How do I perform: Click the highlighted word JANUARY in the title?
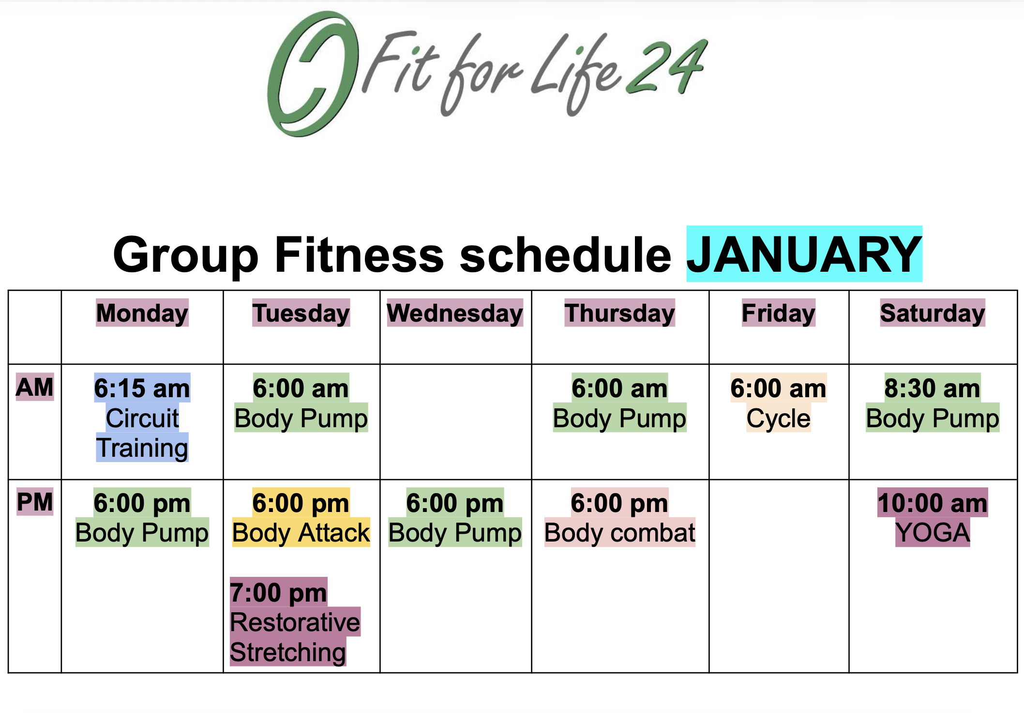pyautogui.click(x=804, y=254)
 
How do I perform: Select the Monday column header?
pyautogui.click(x=142, y=313)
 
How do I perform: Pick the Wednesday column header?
pyautogui.click(x=455, y=313)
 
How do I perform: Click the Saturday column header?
pyautogui.click(x=933, y=313)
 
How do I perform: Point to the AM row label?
pyautogui.click(x=35, y=387)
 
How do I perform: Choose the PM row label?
pyautogui.click(x=35, y=502)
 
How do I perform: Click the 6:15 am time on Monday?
pyautogui.click(x=142, y=388)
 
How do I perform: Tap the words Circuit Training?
pyautogui.click(x=142, y=433)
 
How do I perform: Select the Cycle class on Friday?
pyautogui.click(x=778, y=418)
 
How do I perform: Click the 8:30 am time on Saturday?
pyautogui.click(x=933, y=388)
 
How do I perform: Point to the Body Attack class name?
pyautogui.click(x=301, y=533)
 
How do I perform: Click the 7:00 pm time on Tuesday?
pyautogui.click(x=279, y=592)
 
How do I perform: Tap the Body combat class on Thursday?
pyautogui.click(x=620, y=533)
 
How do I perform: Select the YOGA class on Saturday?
pyautogui.click(x=933, y=533)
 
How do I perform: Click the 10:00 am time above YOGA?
pyautogui.click(x=933, y=503)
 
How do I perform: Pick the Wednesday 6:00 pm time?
pyautogui.click(x=455, y=503)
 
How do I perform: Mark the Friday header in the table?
pyautogui.click(x=779, y=313)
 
